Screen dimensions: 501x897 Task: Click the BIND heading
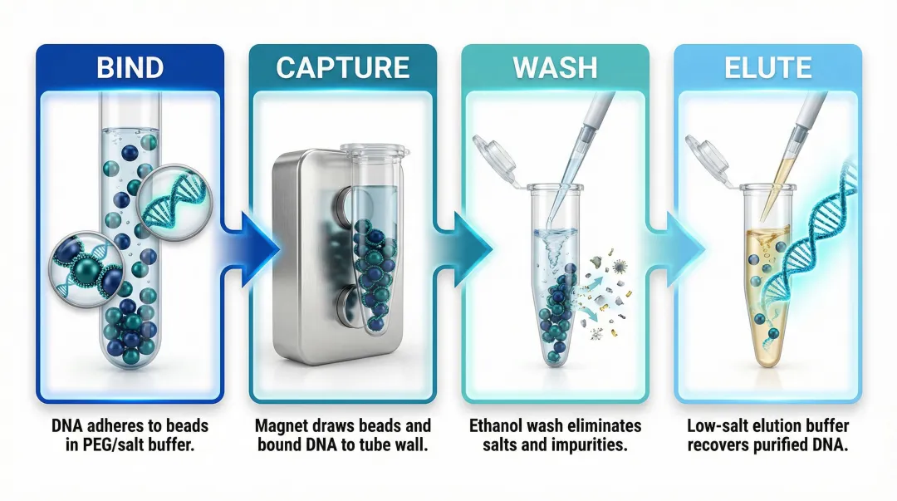[x=130, y=66]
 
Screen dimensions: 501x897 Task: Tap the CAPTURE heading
[x=343, y=67]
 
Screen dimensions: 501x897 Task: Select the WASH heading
[x=555, y=67]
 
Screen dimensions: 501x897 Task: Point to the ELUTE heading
[x=767, y=67]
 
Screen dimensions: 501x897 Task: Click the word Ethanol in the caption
[x=499, y=426]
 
